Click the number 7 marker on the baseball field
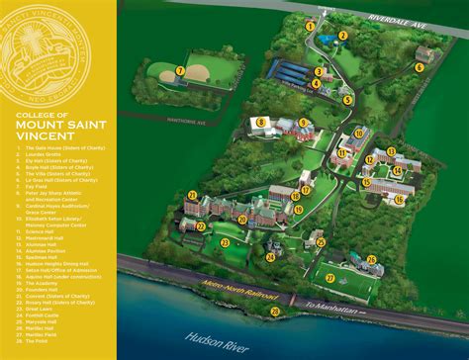click(x=180, y=70)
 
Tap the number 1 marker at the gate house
click(x=310, y=26)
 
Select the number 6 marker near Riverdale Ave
click(x=420, y=68)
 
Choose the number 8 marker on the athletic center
click(x=260, y=123)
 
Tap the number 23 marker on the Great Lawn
click(x=226, y=242)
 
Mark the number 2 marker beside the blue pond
click(x=343, y=36)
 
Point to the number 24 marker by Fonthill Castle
click(x=269, y=256)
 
